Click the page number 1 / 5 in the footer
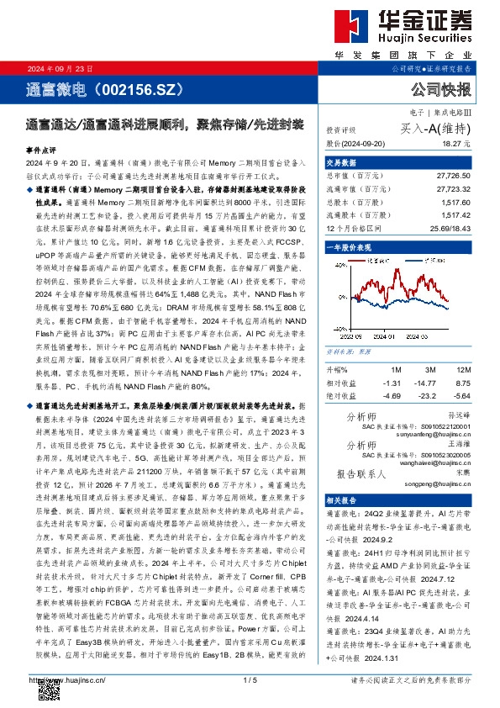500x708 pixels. click(x=250, y=679)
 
